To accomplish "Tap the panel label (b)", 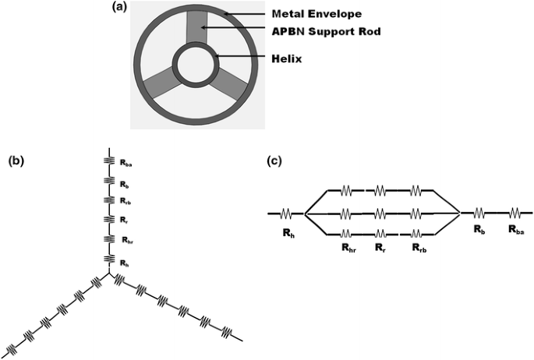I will [x=16, y=162].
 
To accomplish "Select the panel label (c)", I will [x=274, y=162].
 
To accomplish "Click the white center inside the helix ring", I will [x=192, y=65].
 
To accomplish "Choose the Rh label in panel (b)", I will [x=126, y=260].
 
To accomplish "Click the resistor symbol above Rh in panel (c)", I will [x=287, y=212].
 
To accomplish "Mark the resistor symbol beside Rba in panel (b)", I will [x=108, y=162].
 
